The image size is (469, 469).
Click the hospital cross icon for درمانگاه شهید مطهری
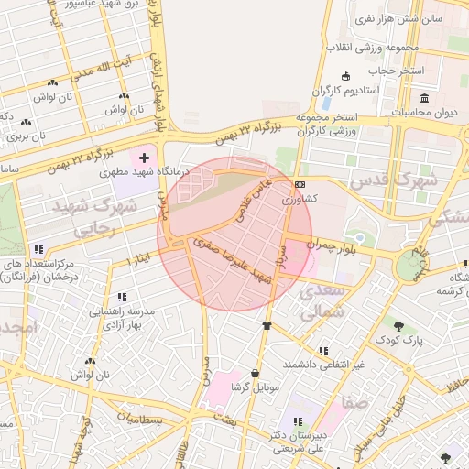(x=145, y=158)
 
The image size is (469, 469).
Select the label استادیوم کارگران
(x=349, y=90)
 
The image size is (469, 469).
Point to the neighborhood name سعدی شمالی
(x=322, y=300)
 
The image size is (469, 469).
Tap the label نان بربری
(x=19, y=136)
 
